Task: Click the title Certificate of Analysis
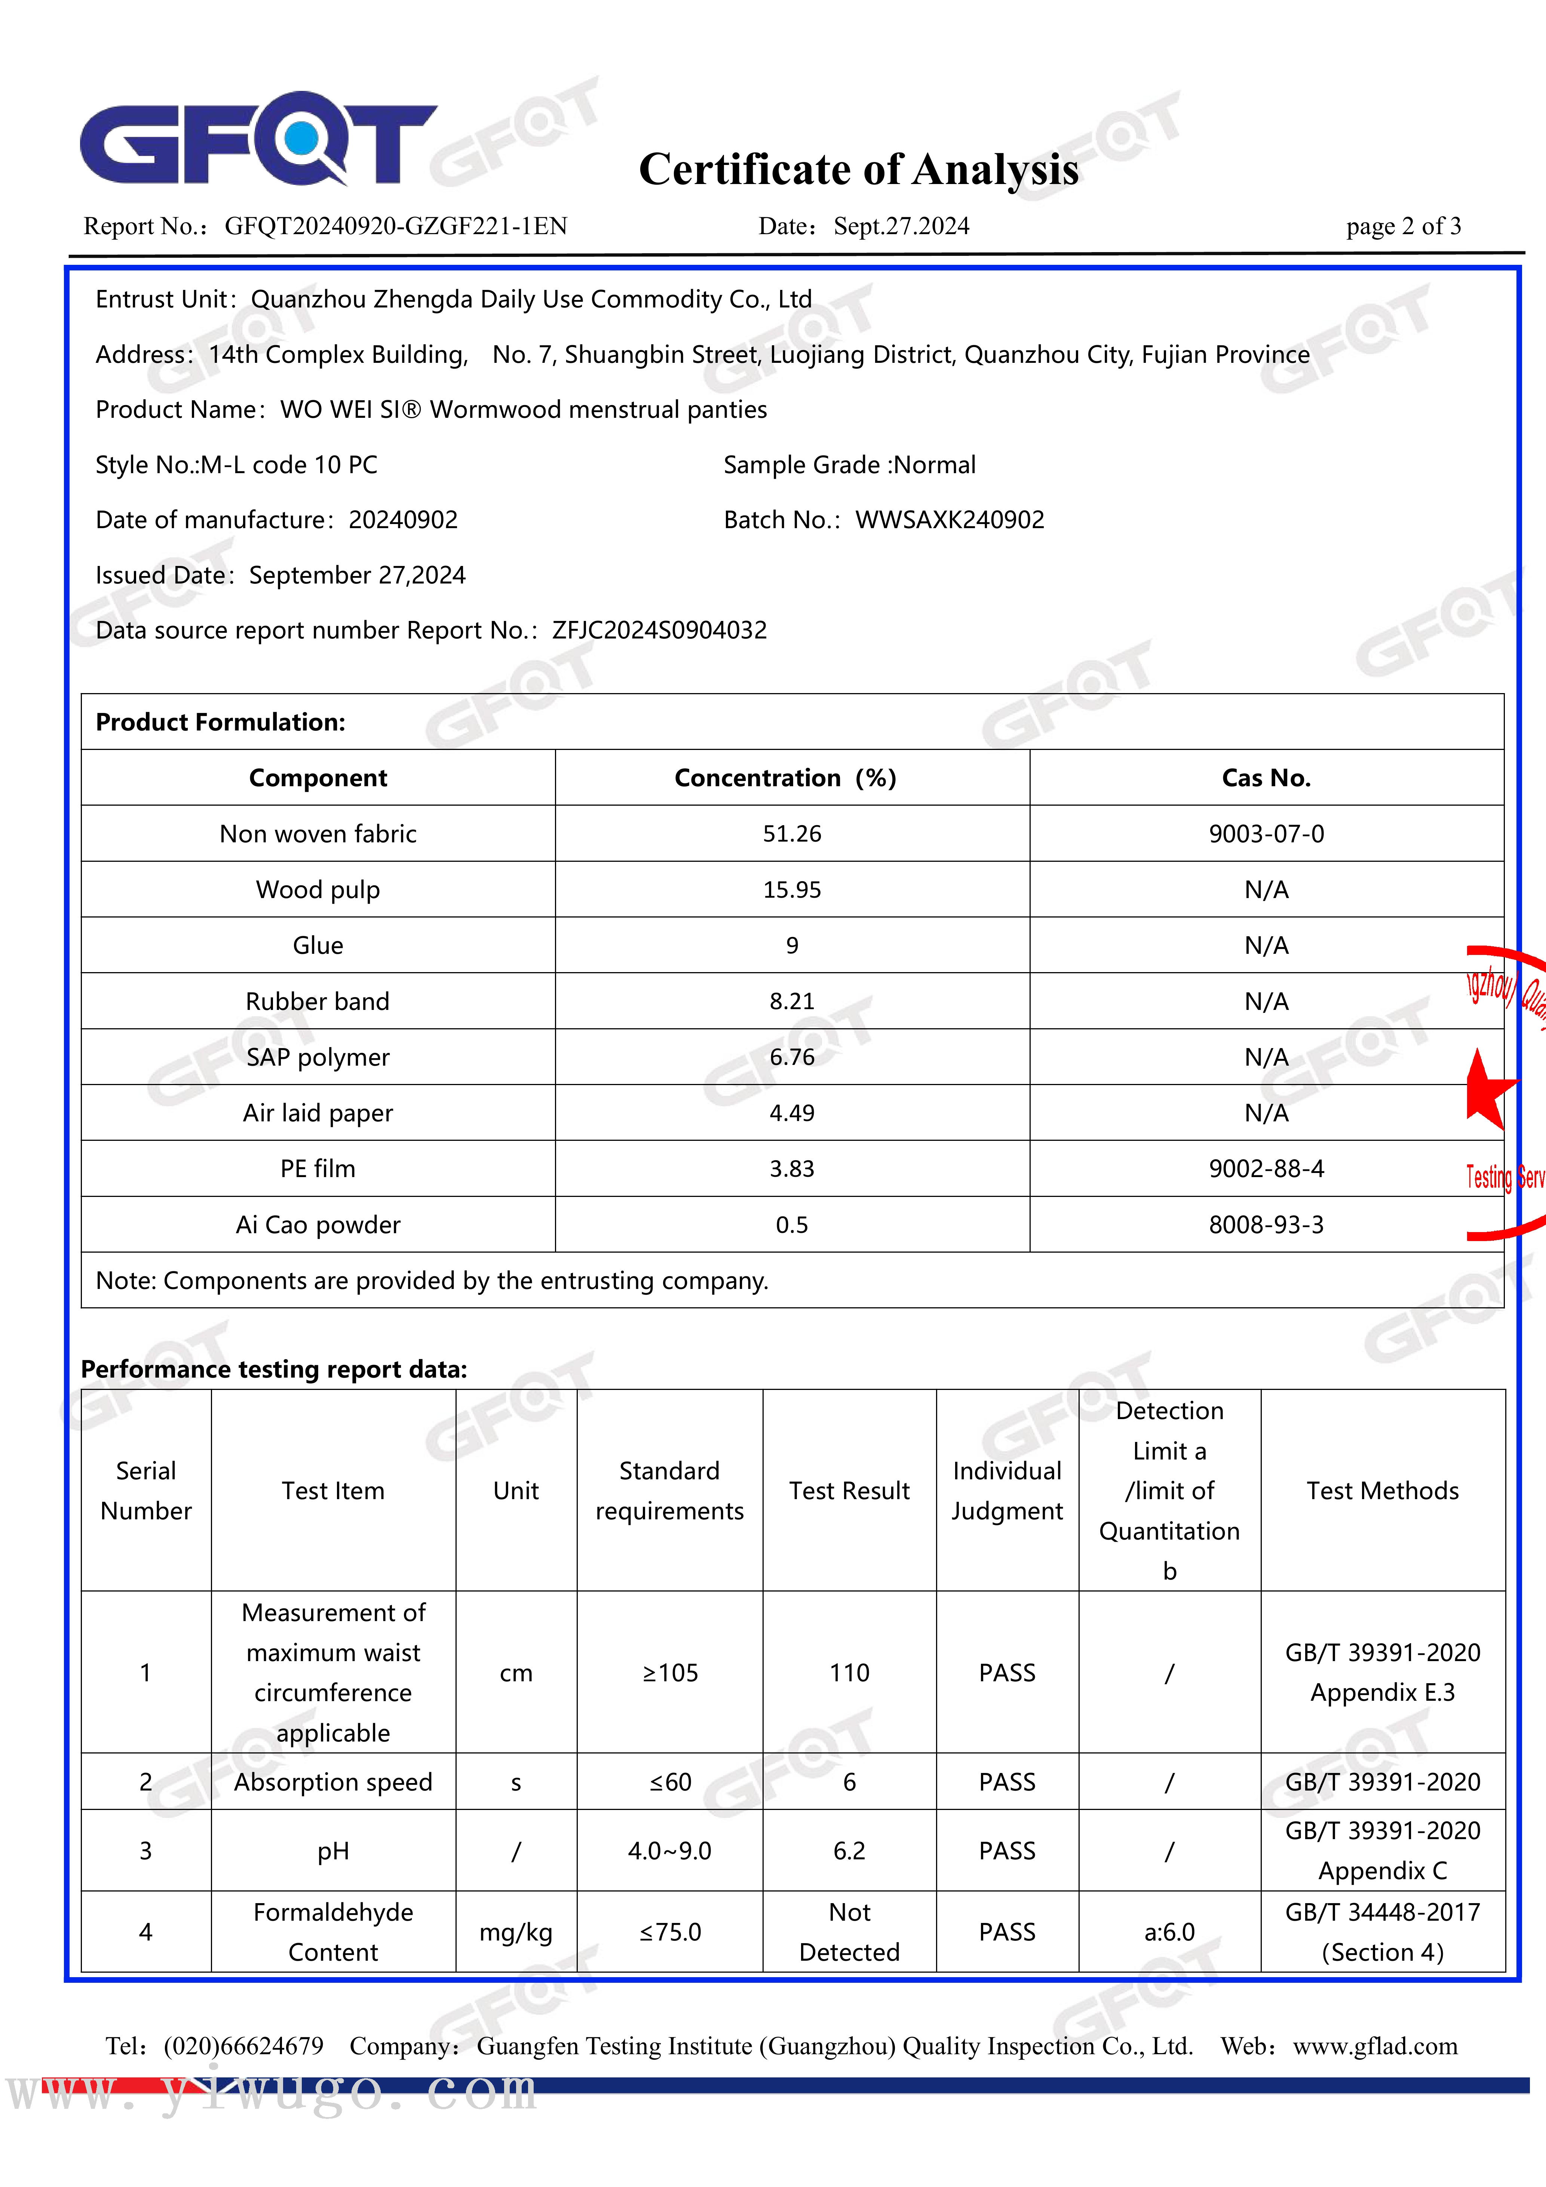[858, 169]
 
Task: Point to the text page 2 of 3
[1403, 227]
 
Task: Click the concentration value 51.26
[792, 834]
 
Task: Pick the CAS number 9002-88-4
[1266, 1169]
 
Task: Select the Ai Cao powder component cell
[318, 1225]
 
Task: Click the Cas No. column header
[1266, 778]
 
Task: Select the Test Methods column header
[1382, 1491]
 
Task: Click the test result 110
[849, 1673]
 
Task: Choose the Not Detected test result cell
[849, 1932]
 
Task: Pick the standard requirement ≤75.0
[670, 1932]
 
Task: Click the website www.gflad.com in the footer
[1375, 2046]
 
